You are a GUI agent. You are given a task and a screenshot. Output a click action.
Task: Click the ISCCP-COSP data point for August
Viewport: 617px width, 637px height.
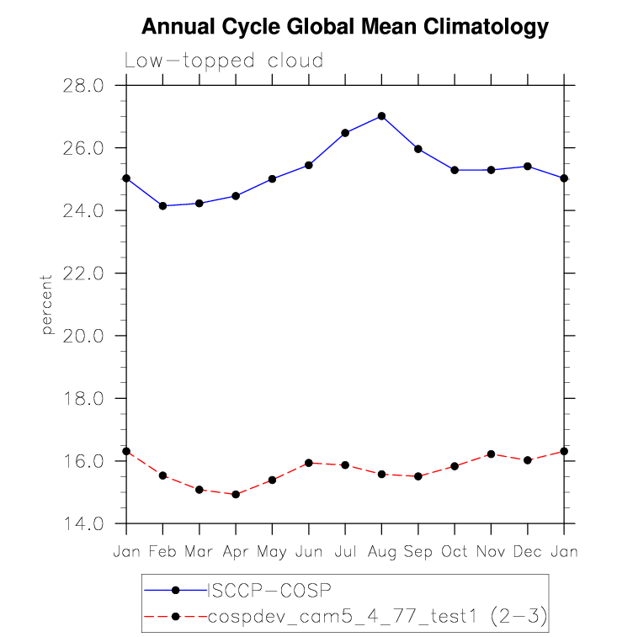(381, 116)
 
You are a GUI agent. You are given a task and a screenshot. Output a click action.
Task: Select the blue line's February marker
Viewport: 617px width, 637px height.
(162, 206)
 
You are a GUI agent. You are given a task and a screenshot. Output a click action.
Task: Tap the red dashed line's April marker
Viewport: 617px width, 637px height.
(236, 495)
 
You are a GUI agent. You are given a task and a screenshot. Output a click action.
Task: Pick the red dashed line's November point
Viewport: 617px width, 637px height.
(491, 454)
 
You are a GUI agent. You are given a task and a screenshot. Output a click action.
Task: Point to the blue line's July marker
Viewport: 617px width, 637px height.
(345, 133)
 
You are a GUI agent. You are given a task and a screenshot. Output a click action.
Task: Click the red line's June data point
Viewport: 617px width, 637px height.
(309, 463)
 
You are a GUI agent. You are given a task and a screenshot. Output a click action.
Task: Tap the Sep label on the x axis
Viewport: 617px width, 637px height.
(418, 552)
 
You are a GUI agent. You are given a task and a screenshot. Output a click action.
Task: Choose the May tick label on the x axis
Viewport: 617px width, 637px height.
(272, 552)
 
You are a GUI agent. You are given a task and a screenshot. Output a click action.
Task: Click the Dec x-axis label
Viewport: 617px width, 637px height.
(528, 552)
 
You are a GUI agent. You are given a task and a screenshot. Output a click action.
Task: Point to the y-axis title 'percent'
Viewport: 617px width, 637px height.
(48, 305)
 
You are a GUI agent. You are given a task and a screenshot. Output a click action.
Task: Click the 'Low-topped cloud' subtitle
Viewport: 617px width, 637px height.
(224, 61)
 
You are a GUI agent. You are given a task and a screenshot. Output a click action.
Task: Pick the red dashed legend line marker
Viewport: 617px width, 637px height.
(175, 617)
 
